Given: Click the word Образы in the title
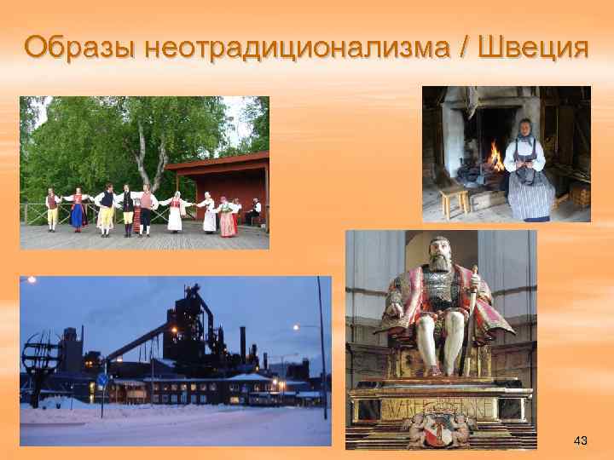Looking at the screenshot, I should (x=80, y=46).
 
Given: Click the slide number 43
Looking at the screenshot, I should (x=581, y=440).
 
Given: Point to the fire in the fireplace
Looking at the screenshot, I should (x=495, y=157).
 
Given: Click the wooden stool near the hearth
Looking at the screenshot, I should (x=454, y=201).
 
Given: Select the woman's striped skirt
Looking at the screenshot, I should (x=530, y=198).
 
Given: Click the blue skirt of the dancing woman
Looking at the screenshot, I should (x=78, y=215).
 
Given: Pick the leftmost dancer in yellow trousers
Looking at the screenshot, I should (x=53, y=210).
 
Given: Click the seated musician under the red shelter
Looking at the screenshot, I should (x=255, y=211).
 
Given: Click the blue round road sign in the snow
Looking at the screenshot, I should (x=102, y=381).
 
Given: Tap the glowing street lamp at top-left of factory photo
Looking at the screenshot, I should (x=32, y=279).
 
